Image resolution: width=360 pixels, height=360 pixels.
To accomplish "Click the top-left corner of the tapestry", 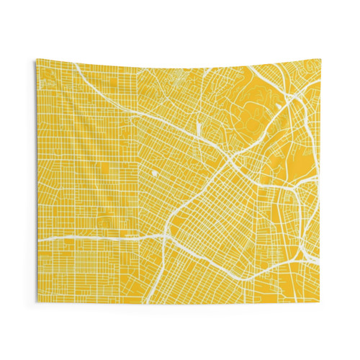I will click(x=37, y=60).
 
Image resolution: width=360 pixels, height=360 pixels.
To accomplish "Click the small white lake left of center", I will click(x=153, y=174).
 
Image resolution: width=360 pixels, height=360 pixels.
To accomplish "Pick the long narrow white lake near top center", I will click(x=197, y=130).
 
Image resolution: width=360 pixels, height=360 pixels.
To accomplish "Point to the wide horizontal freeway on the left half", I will click(x=94, y=236).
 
